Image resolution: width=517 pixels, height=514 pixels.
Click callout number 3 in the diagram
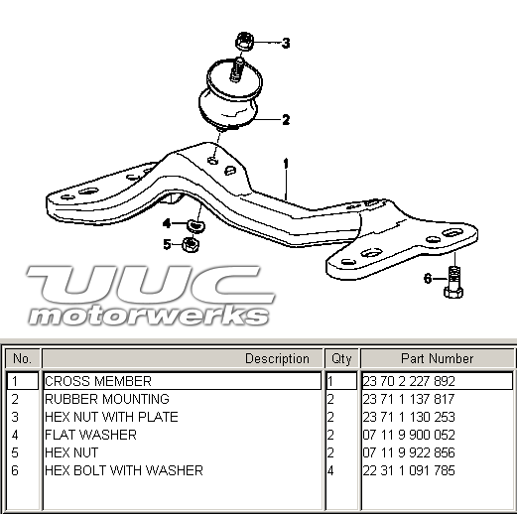[286, 43]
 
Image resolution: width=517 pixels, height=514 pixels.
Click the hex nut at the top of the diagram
[244, 42]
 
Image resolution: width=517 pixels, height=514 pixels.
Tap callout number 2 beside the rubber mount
[286, 119]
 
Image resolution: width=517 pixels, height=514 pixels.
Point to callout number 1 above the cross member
[286, 164]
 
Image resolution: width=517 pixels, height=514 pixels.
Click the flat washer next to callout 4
[195, 226]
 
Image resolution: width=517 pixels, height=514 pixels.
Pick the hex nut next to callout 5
[191, 245]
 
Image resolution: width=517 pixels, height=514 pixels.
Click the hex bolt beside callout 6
[453, 282]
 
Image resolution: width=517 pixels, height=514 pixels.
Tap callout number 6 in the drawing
[428, 279]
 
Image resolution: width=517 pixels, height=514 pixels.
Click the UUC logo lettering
[151, 285]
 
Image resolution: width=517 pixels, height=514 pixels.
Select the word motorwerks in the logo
[149, 316]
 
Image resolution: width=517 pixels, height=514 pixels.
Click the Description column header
[277, 359]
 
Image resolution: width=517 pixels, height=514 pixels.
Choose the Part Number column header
[438, 359]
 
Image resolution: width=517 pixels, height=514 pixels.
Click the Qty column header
[341, 359]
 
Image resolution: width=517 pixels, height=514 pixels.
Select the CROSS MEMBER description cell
[182, 381]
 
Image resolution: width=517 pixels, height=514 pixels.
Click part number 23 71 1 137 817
[409, 399]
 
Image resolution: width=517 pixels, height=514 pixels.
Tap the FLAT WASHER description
[90, 435]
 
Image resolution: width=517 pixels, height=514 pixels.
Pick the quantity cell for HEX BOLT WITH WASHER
[330, 470]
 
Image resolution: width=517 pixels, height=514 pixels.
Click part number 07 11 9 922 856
[409, 452]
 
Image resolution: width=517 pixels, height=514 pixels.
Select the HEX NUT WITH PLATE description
[111, 417]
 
